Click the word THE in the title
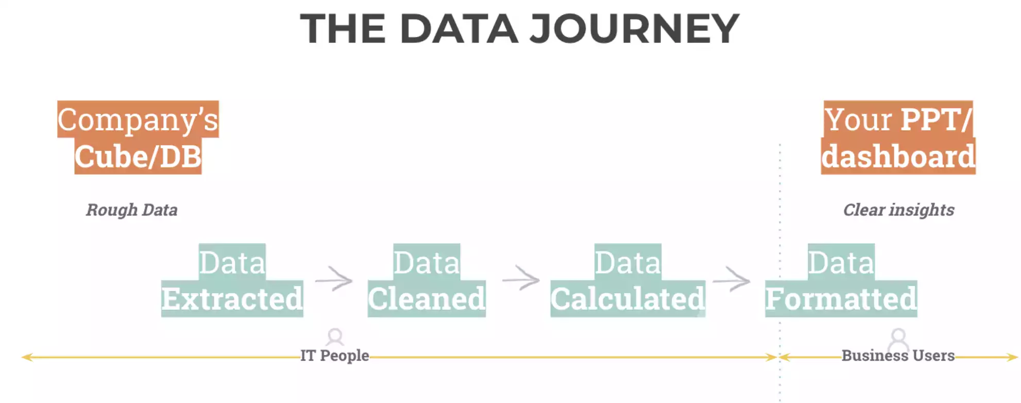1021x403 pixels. pos(343,29)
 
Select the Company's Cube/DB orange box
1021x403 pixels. pos(138,138)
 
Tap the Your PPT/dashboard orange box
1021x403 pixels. pos(898,138)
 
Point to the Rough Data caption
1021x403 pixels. pos(132,210)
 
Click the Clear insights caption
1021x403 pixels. pos(898,210)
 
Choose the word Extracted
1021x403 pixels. pos(232,299)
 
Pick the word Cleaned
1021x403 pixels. pos(427,299)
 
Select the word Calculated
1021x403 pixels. pos(627,299)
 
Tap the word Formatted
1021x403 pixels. pos(841,299)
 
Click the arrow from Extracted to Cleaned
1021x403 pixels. pos(334,280)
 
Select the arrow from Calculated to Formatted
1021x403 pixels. pos(731,280)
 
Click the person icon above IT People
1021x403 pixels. pos(335,337)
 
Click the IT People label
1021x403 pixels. pos(335,356)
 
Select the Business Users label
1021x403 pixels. pos(898,356)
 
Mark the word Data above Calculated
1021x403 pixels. pos(627,263)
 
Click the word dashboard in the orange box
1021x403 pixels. pos(898,157)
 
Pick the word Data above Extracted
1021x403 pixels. pos(232,263)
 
